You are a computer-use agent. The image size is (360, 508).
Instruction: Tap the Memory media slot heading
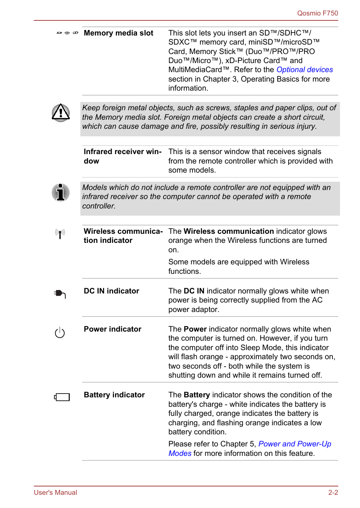point(118,33)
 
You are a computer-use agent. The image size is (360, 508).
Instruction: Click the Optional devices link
point(304,70)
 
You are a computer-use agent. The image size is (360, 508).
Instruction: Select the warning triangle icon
point(61,113)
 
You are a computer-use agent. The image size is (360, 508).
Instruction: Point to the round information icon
point(60,193)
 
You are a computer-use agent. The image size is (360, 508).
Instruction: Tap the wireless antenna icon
point(60,234)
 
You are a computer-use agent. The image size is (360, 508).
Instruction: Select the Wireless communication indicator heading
point(123,236)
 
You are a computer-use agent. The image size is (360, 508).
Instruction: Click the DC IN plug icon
point(60,293)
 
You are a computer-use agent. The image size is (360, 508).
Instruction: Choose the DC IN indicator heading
point(111,291)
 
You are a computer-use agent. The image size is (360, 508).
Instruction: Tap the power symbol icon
point(60,333)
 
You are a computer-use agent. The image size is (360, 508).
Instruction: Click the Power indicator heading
point(112,329)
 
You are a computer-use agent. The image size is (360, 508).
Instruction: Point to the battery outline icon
point(62,397)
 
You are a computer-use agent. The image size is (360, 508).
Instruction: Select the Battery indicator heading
point(114,395)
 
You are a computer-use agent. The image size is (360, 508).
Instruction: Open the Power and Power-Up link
point(294,444)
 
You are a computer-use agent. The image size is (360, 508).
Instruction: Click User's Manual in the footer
point(55,493)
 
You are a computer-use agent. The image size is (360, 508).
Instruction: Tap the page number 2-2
point(333,493)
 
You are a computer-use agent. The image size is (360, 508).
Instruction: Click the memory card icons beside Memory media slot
point(67,33)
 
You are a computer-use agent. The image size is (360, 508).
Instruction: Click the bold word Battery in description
point(197,395)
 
